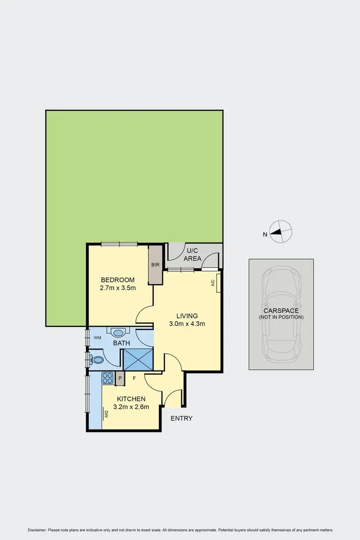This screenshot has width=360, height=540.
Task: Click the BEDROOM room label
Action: tap(118, 280)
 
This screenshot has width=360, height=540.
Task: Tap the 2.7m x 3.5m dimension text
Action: tap(118, 289)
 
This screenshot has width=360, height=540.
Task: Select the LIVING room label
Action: tap(187, 315)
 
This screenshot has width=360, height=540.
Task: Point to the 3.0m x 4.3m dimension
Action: tap(187, 324)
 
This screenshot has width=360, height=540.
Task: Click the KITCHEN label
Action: tap(131, 399)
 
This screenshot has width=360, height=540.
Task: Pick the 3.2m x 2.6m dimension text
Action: tap(131, 407)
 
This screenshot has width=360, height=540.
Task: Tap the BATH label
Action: tap(121, 344)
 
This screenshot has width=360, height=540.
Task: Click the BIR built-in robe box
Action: tap(156, 264)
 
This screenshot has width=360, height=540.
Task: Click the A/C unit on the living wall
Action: tap(218, 283)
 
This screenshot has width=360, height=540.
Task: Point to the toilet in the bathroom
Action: tap(97, 360)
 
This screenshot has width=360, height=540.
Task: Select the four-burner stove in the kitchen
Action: tap(107, 378)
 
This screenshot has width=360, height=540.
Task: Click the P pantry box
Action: tap(120, 378)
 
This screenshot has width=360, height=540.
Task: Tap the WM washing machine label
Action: tap(98, 338)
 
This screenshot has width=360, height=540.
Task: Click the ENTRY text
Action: tap(181, 419)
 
